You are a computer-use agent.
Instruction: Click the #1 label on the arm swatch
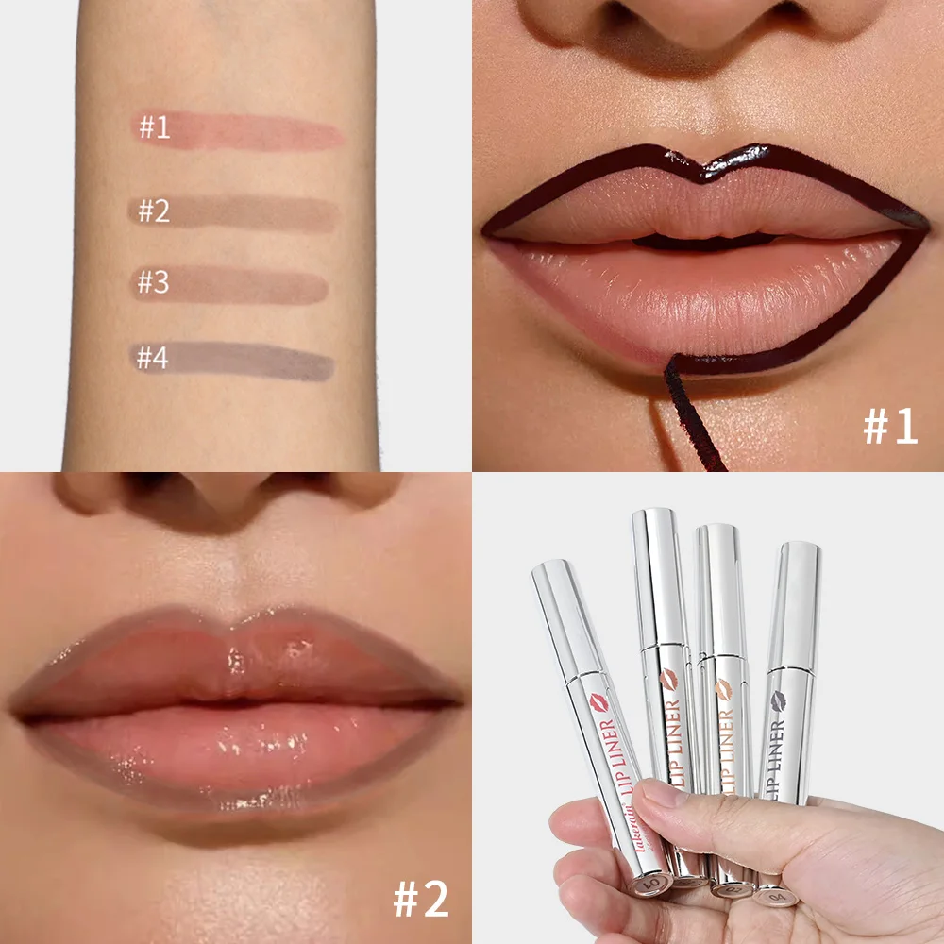pos(155,126)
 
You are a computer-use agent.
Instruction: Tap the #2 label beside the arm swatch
pos(154,211)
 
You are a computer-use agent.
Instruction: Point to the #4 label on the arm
pos(153,359)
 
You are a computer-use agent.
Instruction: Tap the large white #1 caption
pos(889,428)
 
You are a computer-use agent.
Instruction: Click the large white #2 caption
pos(421,899)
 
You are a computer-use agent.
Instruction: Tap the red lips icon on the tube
pos(598,700)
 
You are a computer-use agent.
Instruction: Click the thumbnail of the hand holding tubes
pos(708,708)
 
